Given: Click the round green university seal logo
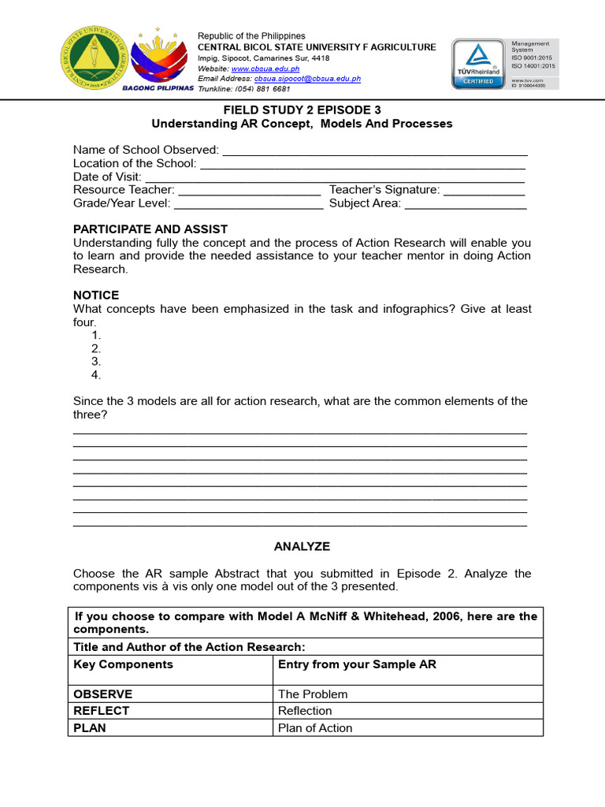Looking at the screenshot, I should (x=92, y=60).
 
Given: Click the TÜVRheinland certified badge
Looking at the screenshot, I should (x=478, y=63).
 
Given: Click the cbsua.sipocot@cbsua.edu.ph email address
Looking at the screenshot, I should (x=307, y=79).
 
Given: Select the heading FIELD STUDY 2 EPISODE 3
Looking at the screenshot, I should (x=302, y=110).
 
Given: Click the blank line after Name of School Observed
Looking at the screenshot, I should (x=375, y=151).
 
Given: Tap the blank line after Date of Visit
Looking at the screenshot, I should (x=335, y=177).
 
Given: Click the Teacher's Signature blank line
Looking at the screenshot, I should (x=484, y=190).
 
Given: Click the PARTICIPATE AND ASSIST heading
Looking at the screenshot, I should (x=150, y=229).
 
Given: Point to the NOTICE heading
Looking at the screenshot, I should (x=96, y=296).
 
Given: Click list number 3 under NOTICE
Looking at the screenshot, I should (x=96, y=362).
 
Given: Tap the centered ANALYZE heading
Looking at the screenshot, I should (x=302, y=546).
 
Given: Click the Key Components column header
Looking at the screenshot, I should (x=123, y=664).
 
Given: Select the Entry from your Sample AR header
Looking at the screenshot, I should (x=357, y=664).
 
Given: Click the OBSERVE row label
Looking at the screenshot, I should (x=103, y=694).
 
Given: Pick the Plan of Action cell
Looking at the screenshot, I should (x=315, y=728).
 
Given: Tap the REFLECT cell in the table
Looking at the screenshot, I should (x=102, y=711).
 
